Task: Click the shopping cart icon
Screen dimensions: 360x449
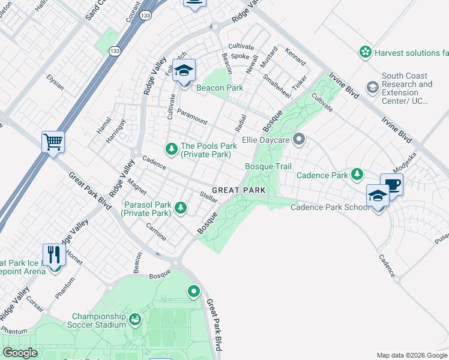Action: (x=53, y=142)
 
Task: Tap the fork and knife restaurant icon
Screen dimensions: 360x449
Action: (x=55, y=255)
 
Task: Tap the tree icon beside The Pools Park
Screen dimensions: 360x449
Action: (x=172, y=148)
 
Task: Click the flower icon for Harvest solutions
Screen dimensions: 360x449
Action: (x=365, y=53)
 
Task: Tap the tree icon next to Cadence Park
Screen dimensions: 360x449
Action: (x=358, y=175)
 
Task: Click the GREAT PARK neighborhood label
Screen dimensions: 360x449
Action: (x=238, y=190)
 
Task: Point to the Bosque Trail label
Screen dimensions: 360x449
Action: (x=268, y=166)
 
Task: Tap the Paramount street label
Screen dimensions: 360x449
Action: (x=192, y=117)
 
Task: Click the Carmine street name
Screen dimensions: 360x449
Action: (x=156, y=232)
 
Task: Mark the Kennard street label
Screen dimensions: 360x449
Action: (x=295, y=57)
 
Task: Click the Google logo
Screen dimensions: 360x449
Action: (x=20, y=353)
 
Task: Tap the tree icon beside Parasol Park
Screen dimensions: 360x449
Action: (x=181, y=208)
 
